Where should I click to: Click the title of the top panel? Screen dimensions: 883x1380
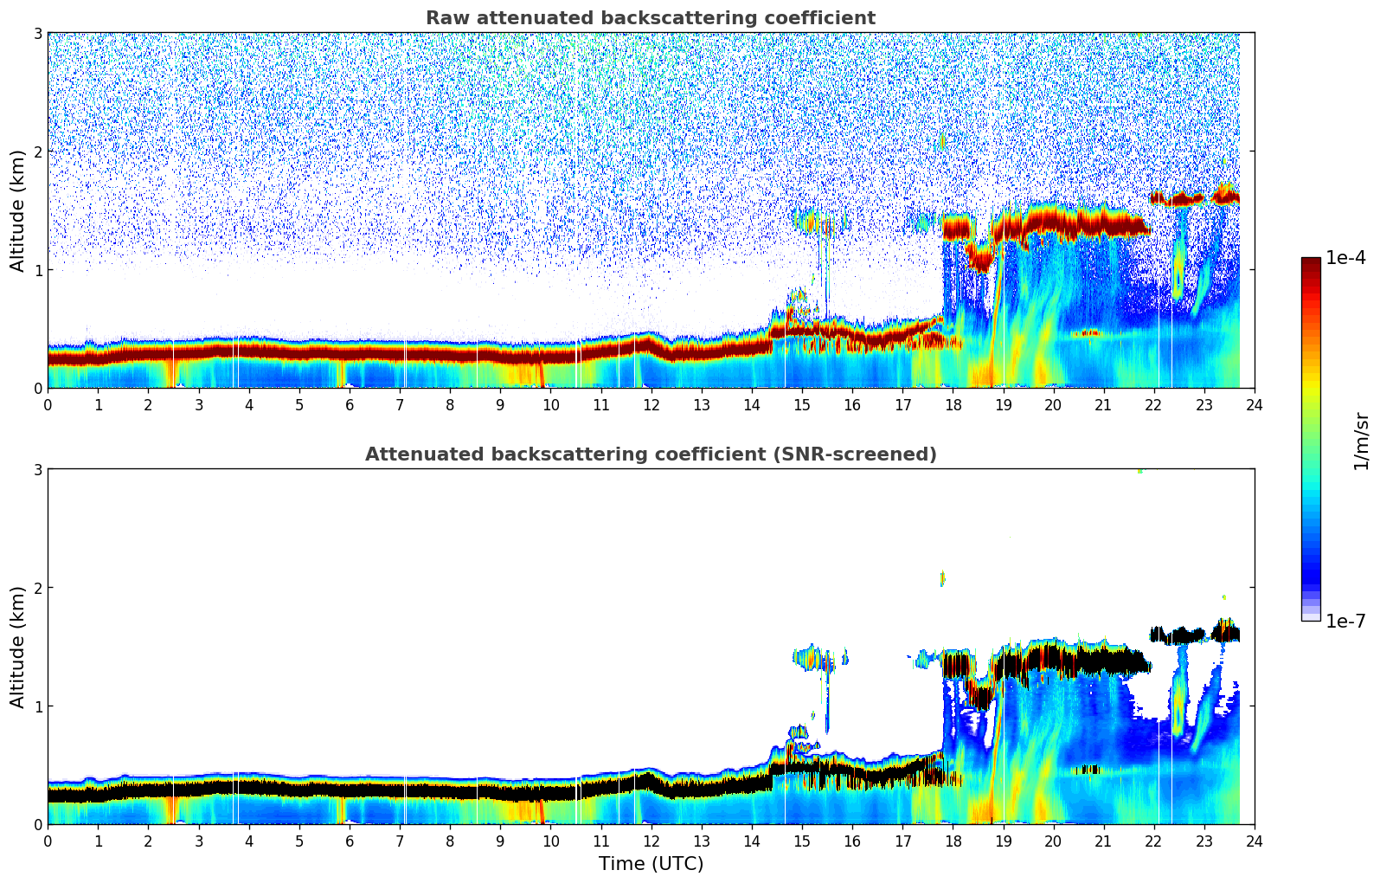point(651,18)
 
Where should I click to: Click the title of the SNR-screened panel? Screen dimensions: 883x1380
point(651,454)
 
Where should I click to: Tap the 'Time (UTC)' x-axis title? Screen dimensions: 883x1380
point(651,863)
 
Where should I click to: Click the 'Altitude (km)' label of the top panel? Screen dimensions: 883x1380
point(18,210)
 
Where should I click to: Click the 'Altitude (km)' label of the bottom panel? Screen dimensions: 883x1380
point(18,647)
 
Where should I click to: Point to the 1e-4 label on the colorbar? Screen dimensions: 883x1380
point(1345,258)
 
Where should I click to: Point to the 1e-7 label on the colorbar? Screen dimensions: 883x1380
point(1345,621)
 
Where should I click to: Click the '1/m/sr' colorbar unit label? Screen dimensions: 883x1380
point(1361,441)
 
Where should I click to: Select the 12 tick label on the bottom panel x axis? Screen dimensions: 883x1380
point(651,841)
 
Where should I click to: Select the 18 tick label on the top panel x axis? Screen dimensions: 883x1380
point(953,405)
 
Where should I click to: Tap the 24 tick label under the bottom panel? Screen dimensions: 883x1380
point(1254,841)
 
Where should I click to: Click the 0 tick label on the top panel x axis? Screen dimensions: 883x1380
point(48,405)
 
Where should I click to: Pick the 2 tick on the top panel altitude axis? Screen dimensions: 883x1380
point(37,151)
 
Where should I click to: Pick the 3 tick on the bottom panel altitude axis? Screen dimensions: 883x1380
point(37,469)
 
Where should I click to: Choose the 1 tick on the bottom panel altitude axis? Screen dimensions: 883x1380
point(37,706)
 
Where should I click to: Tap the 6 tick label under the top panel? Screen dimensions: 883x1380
point(350,405)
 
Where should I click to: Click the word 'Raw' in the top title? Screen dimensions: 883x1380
point(444,18)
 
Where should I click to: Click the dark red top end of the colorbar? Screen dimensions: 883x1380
point(1310,261)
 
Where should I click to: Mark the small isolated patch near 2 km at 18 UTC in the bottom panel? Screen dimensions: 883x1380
point(942,578)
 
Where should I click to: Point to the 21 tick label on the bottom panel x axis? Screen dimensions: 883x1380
point(1103,841)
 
